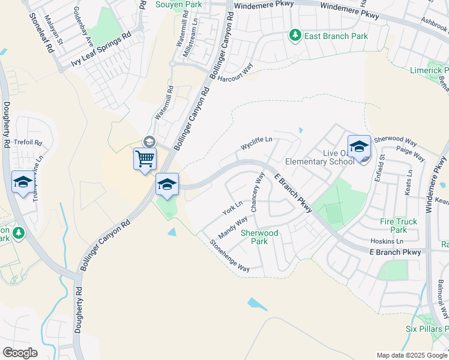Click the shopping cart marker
point(145,160)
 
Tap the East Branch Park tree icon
point(295,36)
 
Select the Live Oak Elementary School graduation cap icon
point(359,147)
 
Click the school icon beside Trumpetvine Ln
point(23,182)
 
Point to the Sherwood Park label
point(259,237)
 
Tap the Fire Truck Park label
point(398,226)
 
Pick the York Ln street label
point(232,208)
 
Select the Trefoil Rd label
point(29,143)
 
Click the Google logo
point(20,353)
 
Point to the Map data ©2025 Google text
point(412,355)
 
